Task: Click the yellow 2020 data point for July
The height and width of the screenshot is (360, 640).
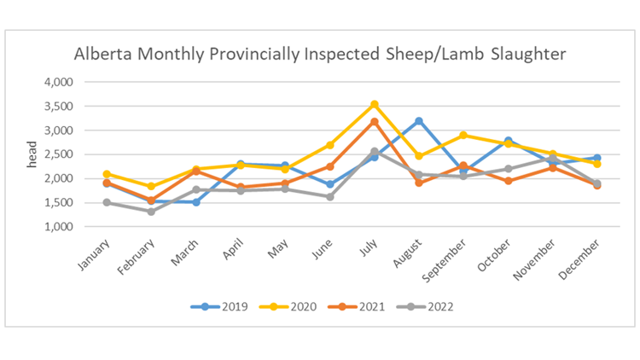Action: click(374, 105)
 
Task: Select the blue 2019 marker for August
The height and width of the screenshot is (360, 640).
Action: click(418, 121)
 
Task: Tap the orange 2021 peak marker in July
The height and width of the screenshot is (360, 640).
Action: click(374, 122)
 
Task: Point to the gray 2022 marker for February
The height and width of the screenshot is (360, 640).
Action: click(151, 212)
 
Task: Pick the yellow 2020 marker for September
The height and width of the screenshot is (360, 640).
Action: click(463, 135)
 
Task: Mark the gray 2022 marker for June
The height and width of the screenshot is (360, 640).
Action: click(329, 196)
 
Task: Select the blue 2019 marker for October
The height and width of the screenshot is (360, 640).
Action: click(508, 141)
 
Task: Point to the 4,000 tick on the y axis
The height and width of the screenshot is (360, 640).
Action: click(59, 82)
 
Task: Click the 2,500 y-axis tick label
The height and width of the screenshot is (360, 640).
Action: click(59, 154)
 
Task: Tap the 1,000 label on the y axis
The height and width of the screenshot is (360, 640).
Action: click(59, 227)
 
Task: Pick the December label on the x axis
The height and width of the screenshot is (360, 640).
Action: click(583, 257)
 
